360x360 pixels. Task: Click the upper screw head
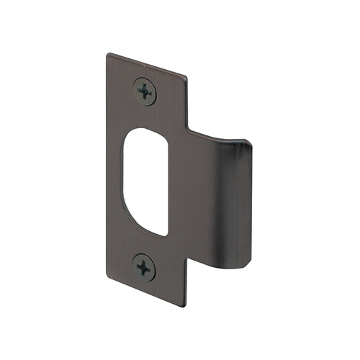(x=145, y=91)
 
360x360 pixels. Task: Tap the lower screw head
(x=145, y=267)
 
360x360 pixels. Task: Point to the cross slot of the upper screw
(x=145, y=91)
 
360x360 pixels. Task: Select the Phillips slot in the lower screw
(x=145, y=267)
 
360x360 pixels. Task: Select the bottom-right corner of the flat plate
(x=184, y=307)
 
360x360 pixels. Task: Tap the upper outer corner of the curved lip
(x=248, y=144)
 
